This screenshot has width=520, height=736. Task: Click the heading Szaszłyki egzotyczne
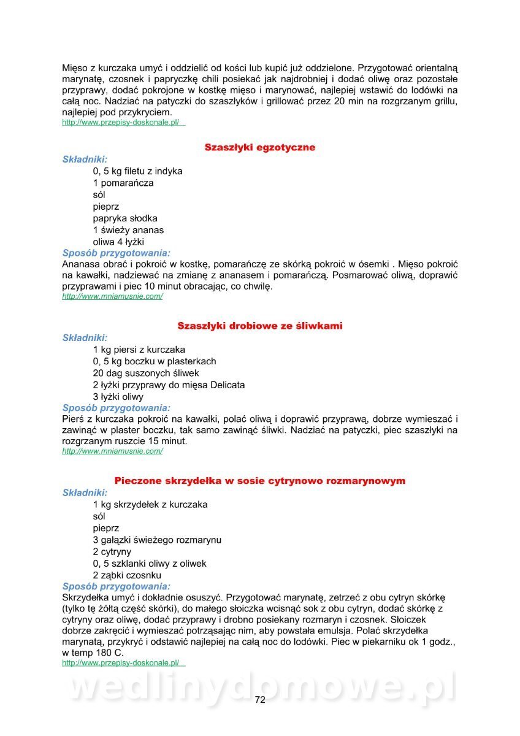click(x=260, y=148)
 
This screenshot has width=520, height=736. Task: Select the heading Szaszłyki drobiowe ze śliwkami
click(x=260, y=326)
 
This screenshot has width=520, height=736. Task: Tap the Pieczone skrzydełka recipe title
click(x=260, y=481)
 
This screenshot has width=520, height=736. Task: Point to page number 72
click(x=260, y=700)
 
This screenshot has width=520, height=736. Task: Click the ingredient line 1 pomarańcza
click(x=123, y=183)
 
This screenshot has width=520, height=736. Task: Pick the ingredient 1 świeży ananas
click(x=128, y=230)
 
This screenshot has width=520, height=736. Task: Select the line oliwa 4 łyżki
click(x=118, y=242)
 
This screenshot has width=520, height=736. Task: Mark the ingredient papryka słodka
click(x=125, y=218)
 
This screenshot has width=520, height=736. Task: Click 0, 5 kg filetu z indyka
click(x=137, y=171)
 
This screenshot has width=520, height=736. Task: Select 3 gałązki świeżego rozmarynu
click(x=157, y=540)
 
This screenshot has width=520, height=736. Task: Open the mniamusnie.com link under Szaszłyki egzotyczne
click(x=112, y=296)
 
